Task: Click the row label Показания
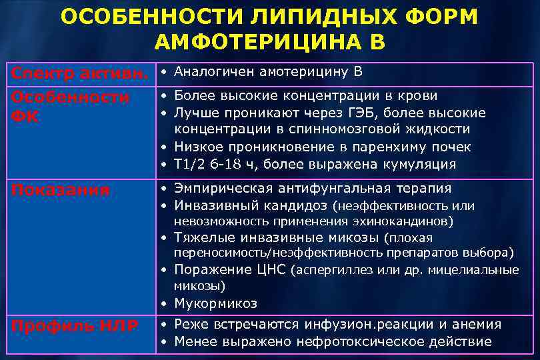coord(60,190)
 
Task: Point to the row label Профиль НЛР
coord(74,326)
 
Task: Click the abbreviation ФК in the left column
coord(25,117)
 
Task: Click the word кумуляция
coord(414,164)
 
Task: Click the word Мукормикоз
coord(215,303)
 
